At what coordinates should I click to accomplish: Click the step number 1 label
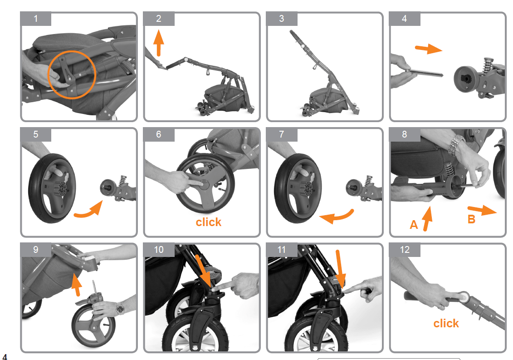(36, 19)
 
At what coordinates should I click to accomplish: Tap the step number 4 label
(405, 19)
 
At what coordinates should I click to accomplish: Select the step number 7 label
(282, 134)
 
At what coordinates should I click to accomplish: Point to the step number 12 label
(405, 250)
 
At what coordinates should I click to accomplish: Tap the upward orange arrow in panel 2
(158, 43)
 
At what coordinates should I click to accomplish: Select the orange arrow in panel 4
(428, 49)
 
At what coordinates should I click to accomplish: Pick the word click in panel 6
(209, 222)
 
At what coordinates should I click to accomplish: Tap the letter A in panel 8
(414, 224)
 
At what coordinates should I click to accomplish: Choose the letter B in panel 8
(472, 219)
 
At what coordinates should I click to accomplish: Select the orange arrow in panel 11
(339, 268)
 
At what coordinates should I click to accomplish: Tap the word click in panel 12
(446, 323)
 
